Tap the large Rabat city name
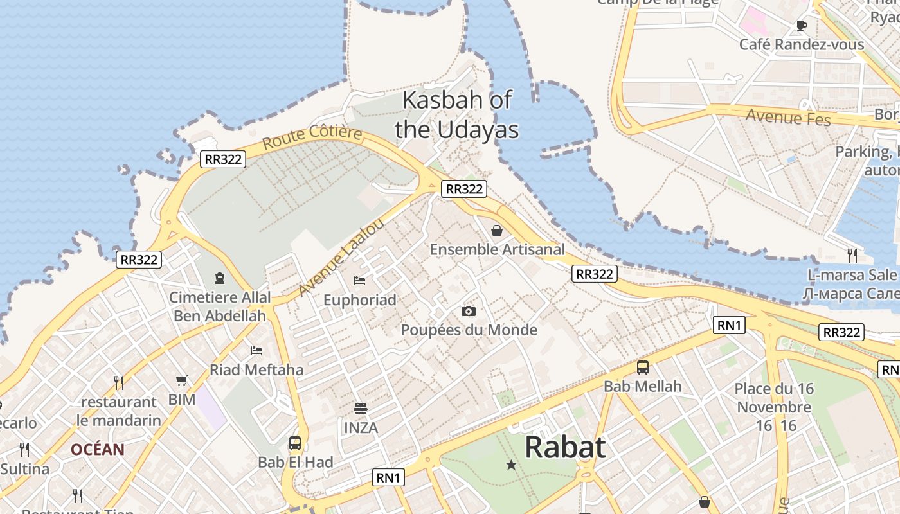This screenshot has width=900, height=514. (565, 447)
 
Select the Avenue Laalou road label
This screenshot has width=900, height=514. (341, 258)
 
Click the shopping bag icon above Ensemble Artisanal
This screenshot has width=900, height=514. (497, 230)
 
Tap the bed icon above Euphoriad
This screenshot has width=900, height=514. (359, 281)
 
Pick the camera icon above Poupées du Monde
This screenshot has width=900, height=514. (469, 311)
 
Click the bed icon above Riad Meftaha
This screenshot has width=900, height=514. (256, 351)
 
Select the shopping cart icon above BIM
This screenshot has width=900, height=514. (182, 381)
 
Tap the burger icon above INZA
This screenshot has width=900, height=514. (361, 409)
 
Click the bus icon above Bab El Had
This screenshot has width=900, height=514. (295, 443)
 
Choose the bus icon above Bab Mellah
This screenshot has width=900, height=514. (642, 368)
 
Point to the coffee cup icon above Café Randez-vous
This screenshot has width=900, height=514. (801, 26)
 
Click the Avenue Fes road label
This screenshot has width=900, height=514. (788, 118)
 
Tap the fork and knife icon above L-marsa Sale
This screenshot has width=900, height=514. (852, 255)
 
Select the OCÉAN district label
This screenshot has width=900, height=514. (98, 449)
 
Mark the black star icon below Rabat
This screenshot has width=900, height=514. (511, 465)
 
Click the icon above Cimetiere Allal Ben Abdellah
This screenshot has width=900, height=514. (220, 278)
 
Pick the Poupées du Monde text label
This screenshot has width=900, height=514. (469, 330)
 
